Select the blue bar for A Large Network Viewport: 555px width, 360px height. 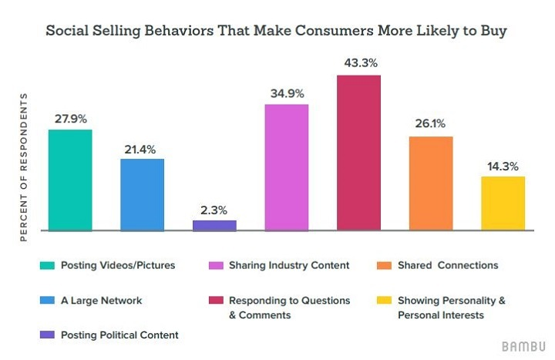pos(143,194)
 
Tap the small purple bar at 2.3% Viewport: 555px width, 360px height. pos(214,225)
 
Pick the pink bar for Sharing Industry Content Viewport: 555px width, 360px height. pos(287,167)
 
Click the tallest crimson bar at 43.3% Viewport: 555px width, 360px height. pos(359,153)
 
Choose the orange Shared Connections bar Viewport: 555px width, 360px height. pos(431,183)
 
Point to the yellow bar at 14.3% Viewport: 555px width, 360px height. pos(503,204)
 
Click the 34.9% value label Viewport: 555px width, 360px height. pos(287,93)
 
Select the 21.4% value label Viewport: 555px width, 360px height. pos(143,148)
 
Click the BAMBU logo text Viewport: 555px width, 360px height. pos(523,345)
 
